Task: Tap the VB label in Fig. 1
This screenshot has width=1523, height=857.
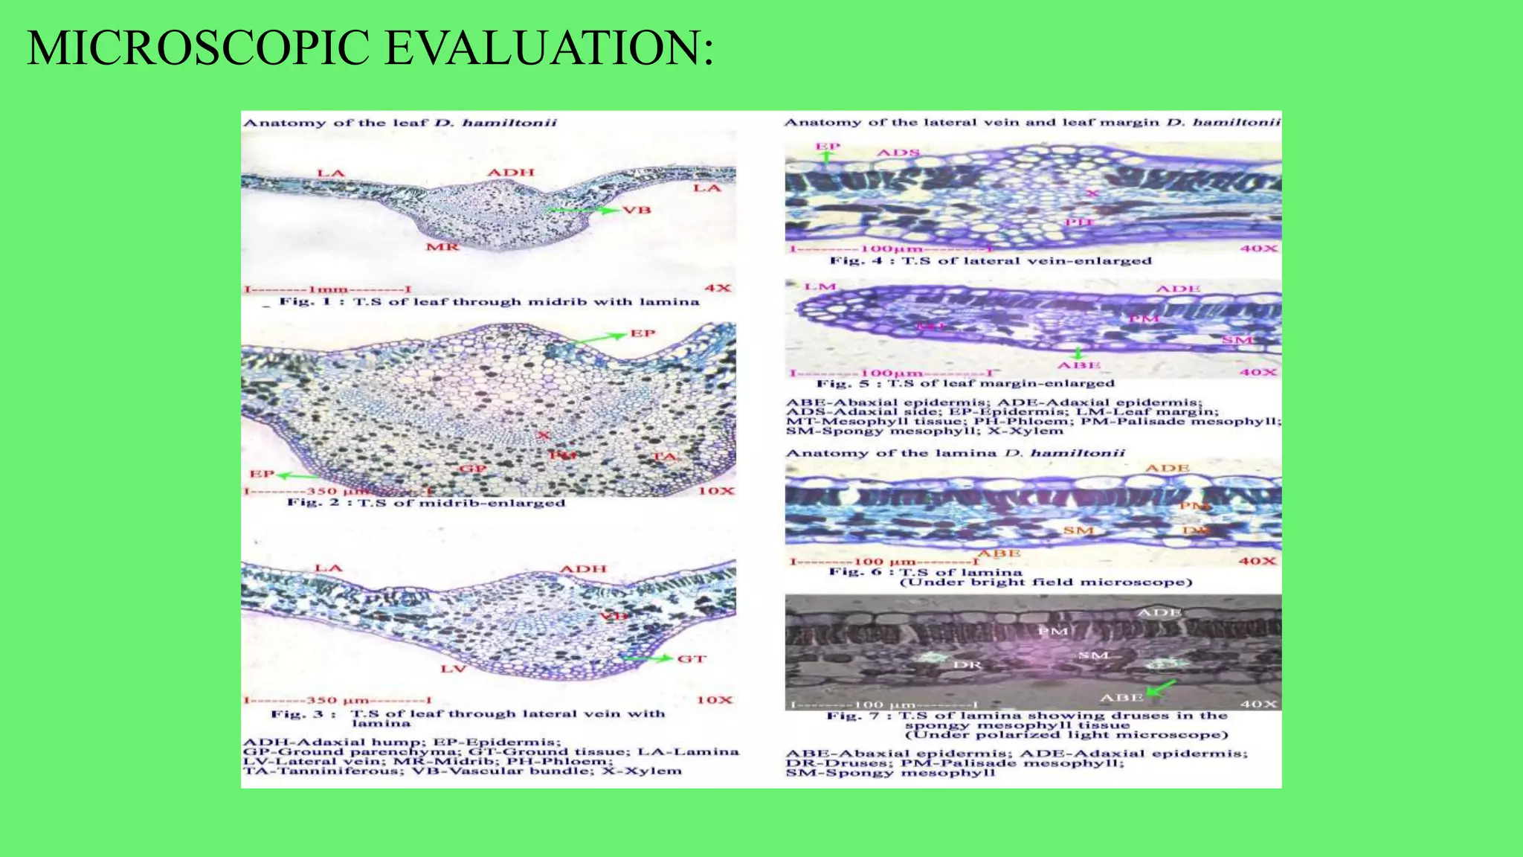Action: coord(637,211)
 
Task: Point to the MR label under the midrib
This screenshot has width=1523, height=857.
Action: coord(442,246)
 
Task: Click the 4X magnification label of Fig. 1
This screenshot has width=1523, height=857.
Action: coord(718,288)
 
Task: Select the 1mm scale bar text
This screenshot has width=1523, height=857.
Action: coord(328,289)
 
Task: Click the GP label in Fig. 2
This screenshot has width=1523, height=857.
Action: coord(473,469)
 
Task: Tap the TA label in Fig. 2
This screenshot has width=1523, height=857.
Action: coord(665,457)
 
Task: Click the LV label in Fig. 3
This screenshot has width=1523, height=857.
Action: coord(453,669)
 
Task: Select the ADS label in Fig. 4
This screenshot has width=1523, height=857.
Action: coord(898,153)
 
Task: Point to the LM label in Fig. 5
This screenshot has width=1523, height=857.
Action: coord(821,287)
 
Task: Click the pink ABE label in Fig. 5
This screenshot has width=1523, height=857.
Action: coord(1079,365)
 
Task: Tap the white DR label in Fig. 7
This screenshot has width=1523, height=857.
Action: coord(967,664)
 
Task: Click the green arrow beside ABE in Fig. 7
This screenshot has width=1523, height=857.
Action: coord(1162,687)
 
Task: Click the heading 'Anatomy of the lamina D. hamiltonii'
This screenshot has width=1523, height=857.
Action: coord(955,453)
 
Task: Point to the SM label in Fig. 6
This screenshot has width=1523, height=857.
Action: coord(1078,530)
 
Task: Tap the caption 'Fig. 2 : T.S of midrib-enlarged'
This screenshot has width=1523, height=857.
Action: coord(426,503)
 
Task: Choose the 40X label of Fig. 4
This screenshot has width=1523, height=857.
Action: coord(1258,248)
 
